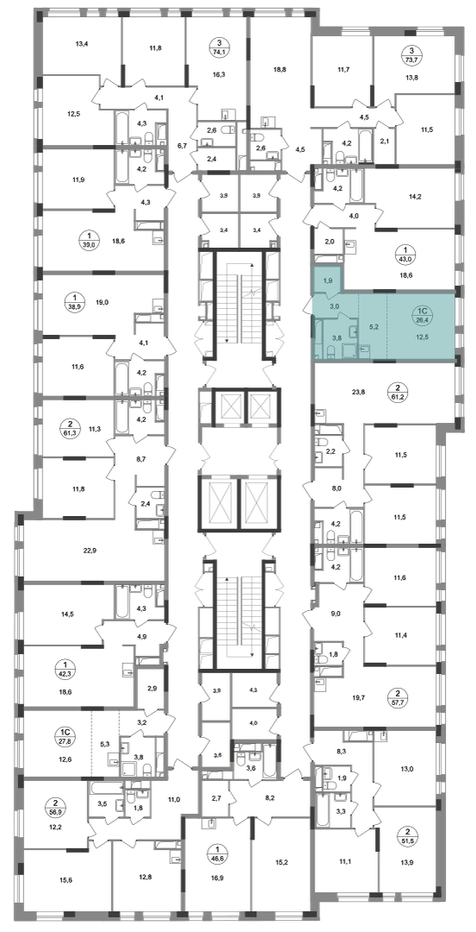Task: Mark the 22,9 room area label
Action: (x=91, y=551)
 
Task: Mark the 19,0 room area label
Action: (x=102, y=303)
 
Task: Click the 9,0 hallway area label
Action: (x=335, y=614)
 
